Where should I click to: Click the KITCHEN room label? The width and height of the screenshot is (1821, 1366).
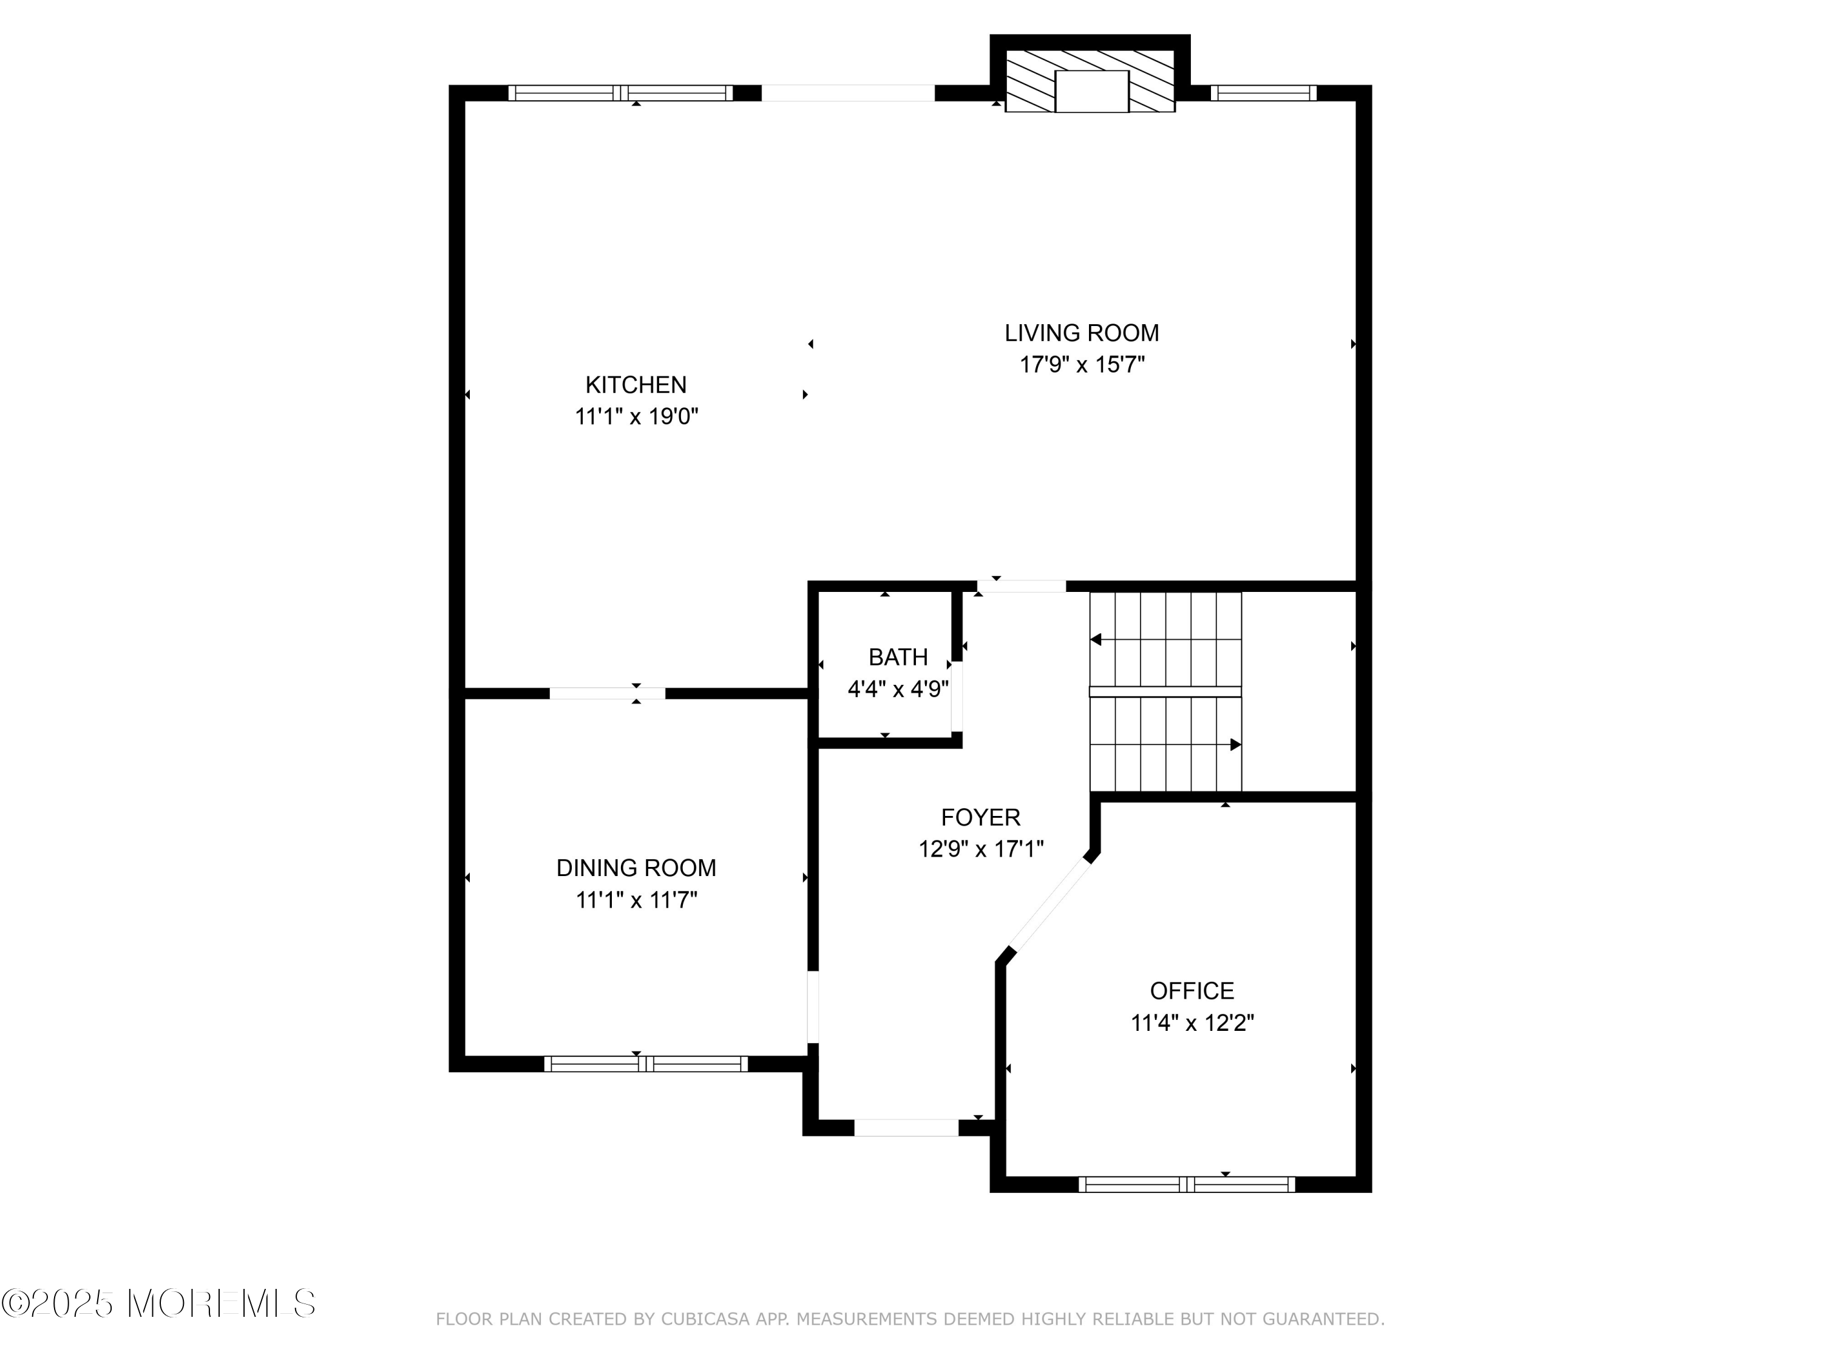point(636,384)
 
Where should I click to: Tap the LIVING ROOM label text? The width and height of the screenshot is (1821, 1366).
point(1082,333)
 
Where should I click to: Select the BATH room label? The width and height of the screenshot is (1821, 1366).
point(898,657)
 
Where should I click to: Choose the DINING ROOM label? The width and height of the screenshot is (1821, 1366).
point(636,868)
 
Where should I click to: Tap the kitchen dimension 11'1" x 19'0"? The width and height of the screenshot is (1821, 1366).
point(636,416)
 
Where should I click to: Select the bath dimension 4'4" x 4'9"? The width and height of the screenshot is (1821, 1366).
point(898,688)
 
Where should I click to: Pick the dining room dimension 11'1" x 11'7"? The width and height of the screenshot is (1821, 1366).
point(636,900)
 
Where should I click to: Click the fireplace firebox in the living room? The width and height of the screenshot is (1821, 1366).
point(1091,92)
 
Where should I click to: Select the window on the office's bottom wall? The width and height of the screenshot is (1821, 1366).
point(1186,1184)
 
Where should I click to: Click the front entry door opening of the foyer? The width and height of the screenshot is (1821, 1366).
point(906,1127)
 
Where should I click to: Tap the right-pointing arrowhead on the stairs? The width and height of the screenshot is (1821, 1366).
point(1236,745)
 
